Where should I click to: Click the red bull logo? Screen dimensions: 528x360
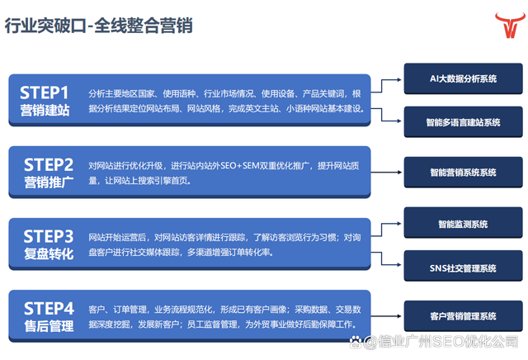point(510,25)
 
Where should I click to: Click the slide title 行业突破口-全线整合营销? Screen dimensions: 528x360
point(98,26)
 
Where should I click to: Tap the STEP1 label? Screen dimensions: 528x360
point(44,92)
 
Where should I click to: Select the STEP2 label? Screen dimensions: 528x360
point(49,165)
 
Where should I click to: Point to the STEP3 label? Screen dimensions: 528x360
point(49,237)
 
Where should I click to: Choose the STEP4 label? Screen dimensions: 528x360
point(49,309)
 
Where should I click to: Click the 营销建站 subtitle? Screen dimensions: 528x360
point(45,110)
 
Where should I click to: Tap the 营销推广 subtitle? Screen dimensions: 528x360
point(49,182)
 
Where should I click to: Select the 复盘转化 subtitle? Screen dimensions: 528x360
point(49,253)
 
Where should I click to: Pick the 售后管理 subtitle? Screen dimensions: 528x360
point(49,326)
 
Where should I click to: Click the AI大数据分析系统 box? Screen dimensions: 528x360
point(464,78)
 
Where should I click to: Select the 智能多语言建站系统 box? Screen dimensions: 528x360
point(464,122)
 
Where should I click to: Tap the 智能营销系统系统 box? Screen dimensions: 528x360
point(464,173)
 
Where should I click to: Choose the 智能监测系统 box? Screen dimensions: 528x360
point(464,223)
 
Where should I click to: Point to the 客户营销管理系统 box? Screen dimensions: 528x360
point(464,316)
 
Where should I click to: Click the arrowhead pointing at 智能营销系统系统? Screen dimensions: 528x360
point(399,173)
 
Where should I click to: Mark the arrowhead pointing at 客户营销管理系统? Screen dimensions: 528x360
point(399,316)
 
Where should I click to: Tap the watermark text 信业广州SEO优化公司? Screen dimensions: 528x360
point(447,342)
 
